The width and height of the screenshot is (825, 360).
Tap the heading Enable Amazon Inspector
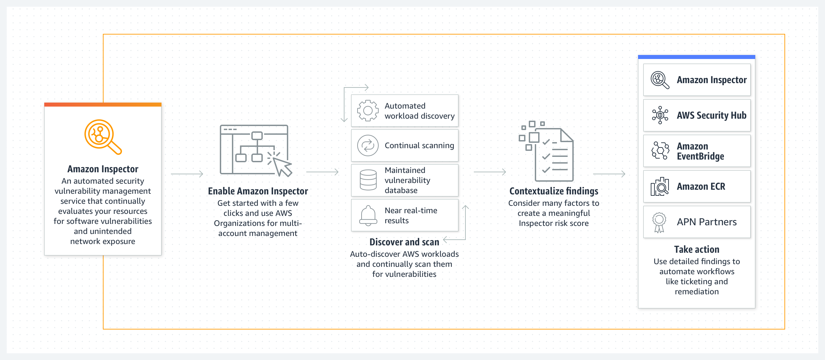(x=258, y=191)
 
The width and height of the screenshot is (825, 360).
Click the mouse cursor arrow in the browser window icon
(x=282, y=167)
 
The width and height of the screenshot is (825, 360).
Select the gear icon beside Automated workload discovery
(x=368, y=111)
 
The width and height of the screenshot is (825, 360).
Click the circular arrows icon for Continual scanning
(x=368, y=145)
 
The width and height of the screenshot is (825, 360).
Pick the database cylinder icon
(x=368, y=180)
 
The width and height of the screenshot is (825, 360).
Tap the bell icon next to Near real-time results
(x=368, y=216)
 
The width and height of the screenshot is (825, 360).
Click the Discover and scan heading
(x=404, y=242)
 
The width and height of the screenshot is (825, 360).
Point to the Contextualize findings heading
(x=554, y=191)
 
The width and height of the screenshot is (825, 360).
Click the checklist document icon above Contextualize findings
(x=550, y=153)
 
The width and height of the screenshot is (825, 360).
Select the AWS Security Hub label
(x=711, y=115)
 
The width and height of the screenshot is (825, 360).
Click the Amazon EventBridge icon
(x=660, y=151)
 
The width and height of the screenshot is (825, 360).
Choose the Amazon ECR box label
(x=701, y=186)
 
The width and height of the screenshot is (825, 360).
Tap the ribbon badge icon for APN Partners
(x=659, y=222)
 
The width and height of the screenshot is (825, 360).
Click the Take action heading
(x=696, y=249)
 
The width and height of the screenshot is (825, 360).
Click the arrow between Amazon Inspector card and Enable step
(x=187, y=174)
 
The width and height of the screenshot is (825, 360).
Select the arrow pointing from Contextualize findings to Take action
(x=609, y=174)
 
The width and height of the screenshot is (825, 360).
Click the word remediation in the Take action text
(x=696, y=292)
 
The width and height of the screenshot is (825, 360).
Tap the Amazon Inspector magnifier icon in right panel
(x=659, y=80)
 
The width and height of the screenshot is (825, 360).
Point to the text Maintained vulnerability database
(x=407, y=180)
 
